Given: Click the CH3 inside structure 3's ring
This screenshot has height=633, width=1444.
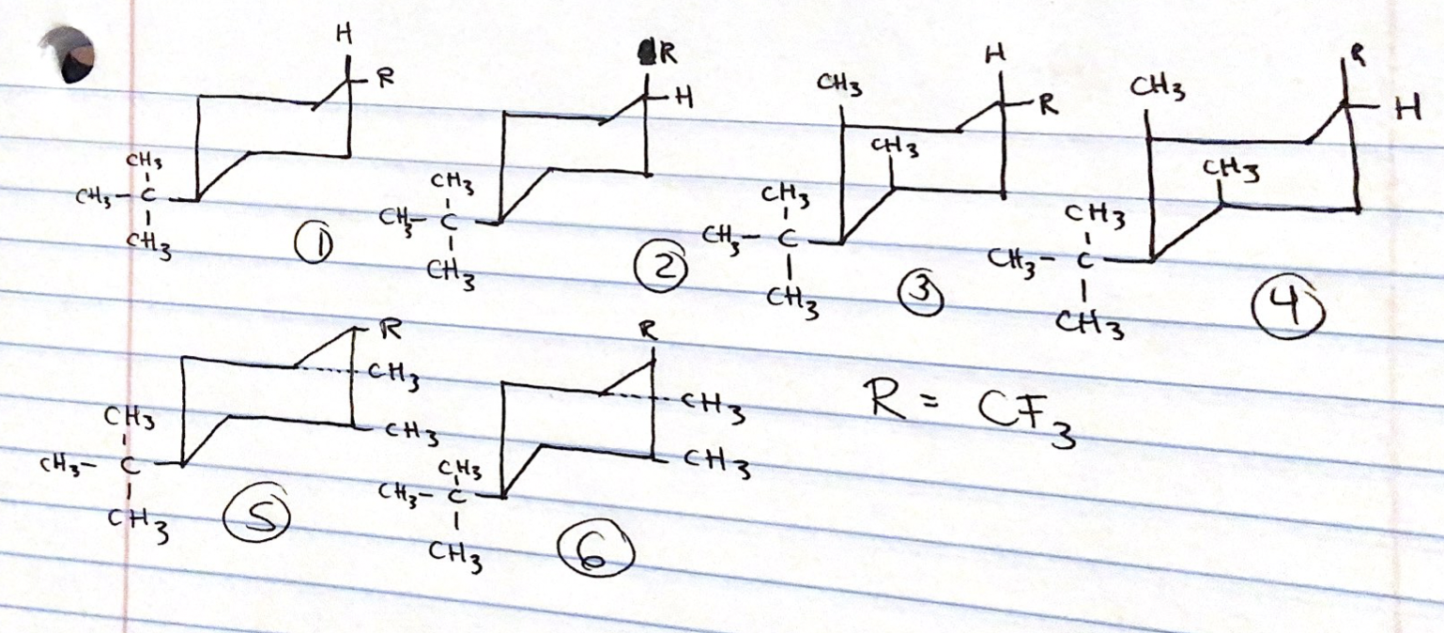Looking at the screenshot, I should click(x=895, y=147).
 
